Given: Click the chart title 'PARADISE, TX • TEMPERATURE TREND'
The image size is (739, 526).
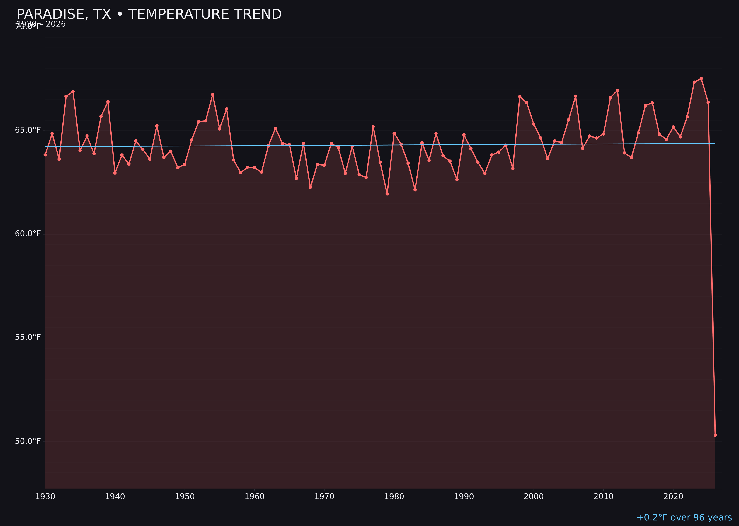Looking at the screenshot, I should click(x=149, y=14).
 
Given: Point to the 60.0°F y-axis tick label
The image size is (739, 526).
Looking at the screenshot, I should click(x=28, y=234).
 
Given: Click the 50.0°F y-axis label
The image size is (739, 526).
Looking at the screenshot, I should click(x=28, y=441).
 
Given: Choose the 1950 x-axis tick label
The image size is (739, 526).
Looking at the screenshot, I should click(x=185, y=497).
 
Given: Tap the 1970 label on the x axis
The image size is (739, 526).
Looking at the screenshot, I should click(x=324, y=497).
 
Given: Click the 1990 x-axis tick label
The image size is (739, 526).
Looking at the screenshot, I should click(x=464, y=497).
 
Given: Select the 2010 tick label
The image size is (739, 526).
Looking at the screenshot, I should click(x=603, y=497).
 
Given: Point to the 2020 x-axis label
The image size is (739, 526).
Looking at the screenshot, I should click(x=673, y=497).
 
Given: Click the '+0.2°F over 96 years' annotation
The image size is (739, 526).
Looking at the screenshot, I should click(x=684, y=517).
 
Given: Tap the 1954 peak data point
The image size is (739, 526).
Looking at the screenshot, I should click(x=213, y=95).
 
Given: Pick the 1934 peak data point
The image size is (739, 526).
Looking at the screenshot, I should click(x=73, y=92).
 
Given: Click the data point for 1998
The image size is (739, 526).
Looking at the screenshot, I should click(x=520, y=97).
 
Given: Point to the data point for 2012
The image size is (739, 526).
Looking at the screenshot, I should click(x=617, y=90).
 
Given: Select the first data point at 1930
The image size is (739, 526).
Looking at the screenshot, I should click(x=45, y=155).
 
